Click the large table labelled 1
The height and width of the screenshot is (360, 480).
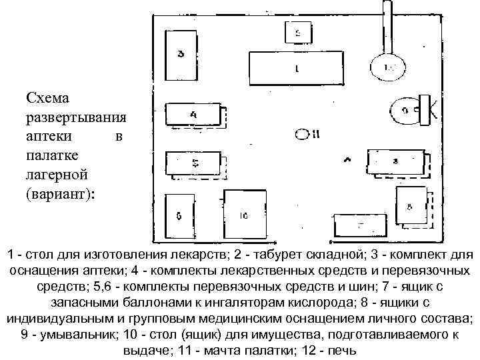[x=296, y=67]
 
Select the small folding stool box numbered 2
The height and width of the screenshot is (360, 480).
[x=297, y=31]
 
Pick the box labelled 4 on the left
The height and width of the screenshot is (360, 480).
[x=193, y=115]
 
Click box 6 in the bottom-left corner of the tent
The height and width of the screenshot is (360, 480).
[x=179, y=217]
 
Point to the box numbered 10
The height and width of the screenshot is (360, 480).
[x=244, y=215]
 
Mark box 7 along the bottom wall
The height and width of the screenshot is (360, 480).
[x=359, y=225]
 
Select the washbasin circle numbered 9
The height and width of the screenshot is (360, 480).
[x=403, y=111]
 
